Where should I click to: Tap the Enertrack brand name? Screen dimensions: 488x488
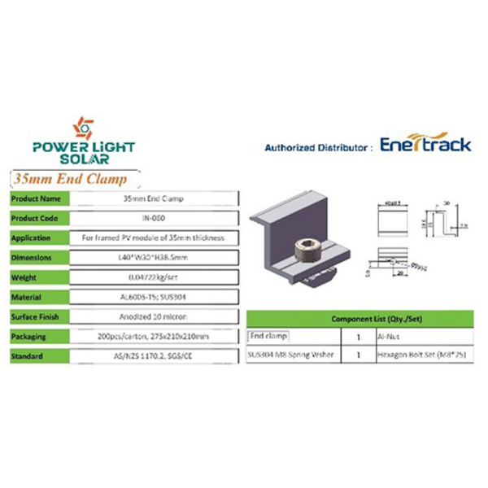pyautogui.click(x=425, y=146)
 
